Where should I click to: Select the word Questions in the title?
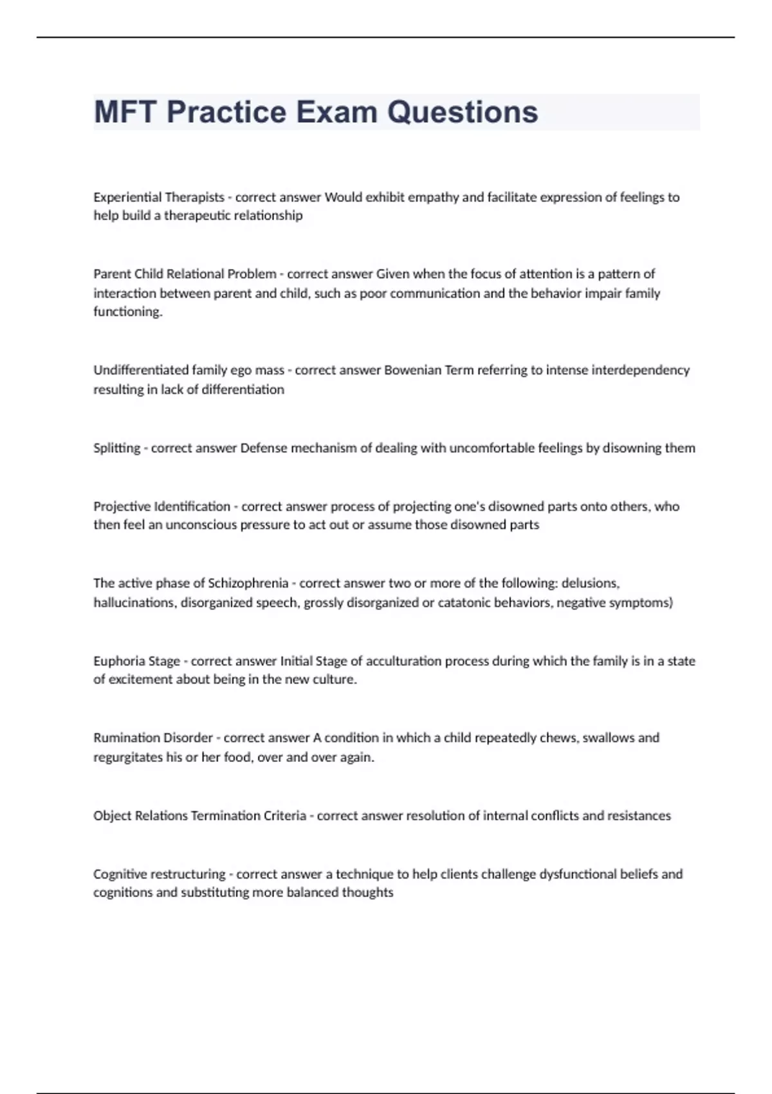463,112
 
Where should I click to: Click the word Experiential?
126,197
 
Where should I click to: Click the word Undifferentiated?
141,370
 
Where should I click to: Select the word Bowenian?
411,370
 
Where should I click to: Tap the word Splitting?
116,448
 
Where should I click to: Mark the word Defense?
263,448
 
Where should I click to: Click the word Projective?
120,506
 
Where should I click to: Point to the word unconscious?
201,525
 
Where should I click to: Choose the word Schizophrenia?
248,583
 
